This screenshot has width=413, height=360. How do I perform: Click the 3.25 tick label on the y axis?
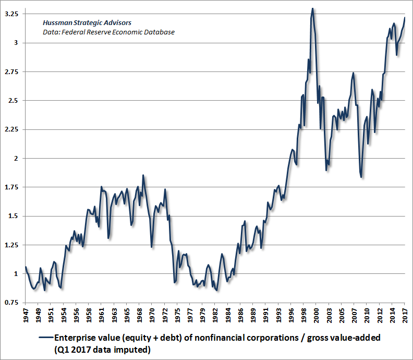(x=11, y=14)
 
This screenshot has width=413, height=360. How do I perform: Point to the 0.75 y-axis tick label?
(x=11, y=303)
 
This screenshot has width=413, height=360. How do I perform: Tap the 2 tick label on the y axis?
(x=16, y=159)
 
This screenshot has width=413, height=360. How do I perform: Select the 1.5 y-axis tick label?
(x=14, y=216)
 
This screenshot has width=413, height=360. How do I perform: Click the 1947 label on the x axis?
(x=26, y=315)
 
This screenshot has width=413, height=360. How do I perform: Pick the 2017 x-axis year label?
(x=405, y=315)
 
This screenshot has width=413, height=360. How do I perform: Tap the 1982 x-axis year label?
(x=215, y=315)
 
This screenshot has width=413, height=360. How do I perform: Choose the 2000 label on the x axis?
(x=317, y=315)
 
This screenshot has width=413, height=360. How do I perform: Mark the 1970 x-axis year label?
(x=152, y=315)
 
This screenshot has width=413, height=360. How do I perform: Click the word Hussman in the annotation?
(x=57, y=22)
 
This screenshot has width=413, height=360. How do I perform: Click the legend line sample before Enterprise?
(x=46, y=338)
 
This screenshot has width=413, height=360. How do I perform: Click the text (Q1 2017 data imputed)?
(x=103, y=350)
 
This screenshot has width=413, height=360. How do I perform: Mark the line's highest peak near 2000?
(x=312, y=8)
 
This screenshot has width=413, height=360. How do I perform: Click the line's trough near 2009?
(x=361, y=177)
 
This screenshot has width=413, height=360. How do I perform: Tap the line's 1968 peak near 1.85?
(x=143, y=175)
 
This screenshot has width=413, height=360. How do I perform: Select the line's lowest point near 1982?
(x=217, y=291)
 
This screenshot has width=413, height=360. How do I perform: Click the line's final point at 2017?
(x=405, y=17)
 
